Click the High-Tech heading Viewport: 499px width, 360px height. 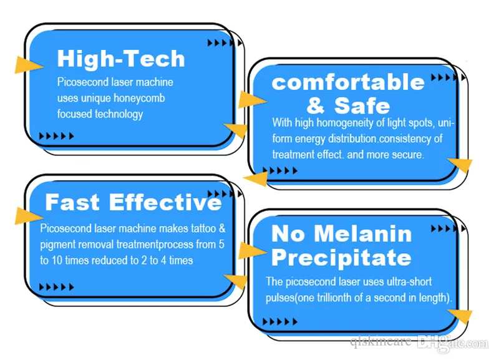(121, 59)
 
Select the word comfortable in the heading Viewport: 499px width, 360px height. (348, 82)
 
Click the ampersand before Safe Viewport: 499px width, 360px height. (316, 106)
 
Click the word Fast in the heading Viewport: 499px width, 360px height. (72, 202)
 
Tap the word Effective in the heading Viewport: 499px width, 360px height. (165, 202)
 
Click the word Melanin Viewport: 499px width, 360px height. (363, 234)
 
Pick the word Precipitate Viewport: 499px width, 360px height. (341, 258)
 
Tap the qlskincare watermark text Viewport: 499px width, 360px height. (380, 342)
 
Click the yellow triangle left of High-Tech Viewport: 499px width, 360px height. (29, 65)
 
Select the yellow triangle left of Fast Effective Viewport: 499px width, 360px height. (29, 216)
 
